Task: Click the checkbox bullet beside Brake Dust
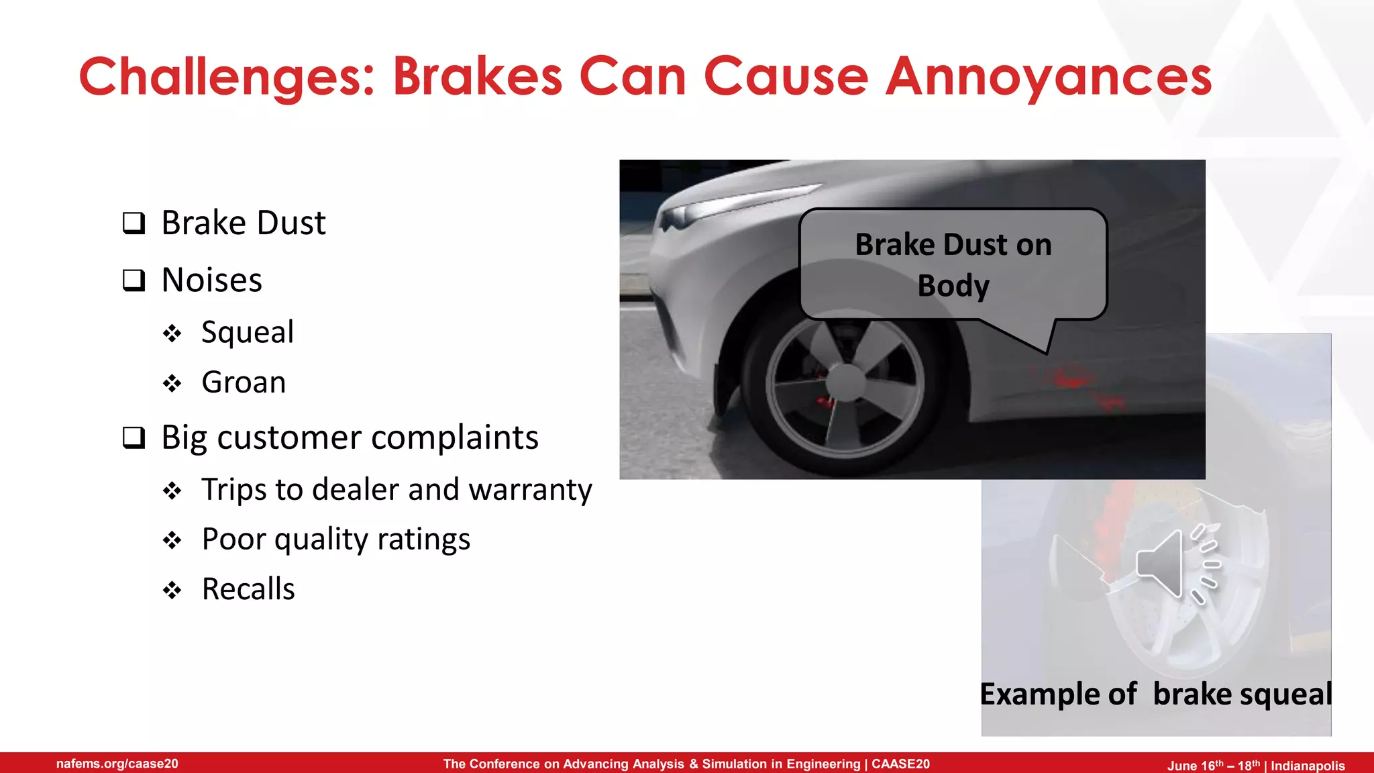pos(134,223)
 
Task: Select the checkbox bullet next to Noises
pos(134,280)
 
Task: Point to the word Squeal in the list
pos(247,332)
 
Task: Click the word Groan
pos(244,382)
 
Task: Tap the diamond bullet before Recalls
pos(172,590)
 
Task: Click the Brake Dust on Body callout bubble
pos(953,264)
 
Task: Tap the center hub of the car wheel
pos(845,382)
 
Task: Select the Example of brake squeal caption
pos(1155,694)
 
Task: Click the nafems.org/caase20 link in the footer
pos(117,764)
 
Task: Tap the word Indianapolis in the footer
pos(1308,766)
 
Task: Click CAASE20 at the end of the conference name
pos(900,764)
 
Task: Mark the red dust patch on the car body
pos(1073,380)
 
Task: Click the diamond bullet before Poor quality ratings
pos(172,540)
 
